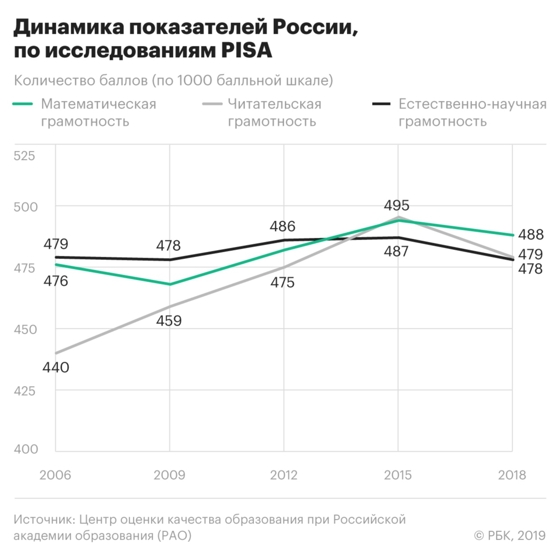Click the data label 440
(x=56, y=367)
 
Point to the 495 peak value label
(x=396, y=205)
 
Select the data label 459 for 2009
(x=169, y=321)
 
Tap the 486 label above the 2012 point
(x=282, y=226)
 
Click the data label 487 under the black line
(x=396, y=251)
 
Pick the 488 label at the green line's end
(x=531, y=235)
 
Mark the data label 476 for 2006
(x=55, y=281)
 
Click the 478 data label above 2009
(x=168, y=245)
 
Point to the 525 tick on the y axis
(x=24, y=156)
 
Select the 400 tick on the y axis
(x=26, y=449)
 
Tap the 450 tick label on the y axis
(x=25, y=329)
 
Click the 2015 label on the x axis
(x=398, y=475)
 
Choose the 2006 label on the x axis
(x=55, y=475)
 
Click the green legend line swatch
(x=23, y=104)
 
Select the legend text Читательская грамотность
(x=274, y=113)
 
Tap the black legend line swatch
(x=381, y=104)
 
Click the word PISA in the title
(x=246, y=50)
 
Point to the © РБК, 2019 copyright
(x=509, y=535)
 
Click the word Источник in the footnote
(x=45, y=519)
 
